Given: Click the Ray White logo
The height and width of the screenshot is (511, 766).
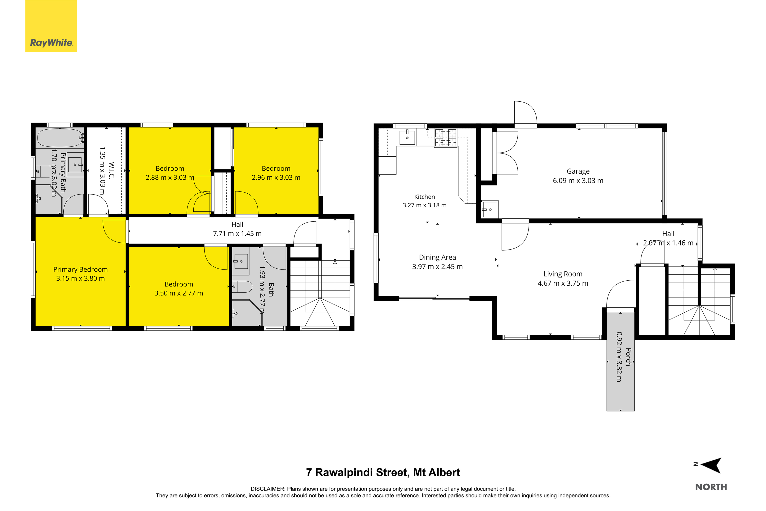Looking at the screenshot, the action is tap(51, 26).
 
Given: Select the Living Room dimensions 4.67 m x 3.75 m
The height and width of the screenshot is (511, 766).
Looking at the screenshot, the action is tap(563, 283).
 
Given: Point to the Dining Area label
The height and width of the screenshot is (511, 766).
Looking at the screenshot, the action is tap(437, 257).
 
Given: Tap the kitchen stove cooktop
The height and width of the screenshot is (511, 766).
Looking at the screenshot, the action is tap(446, 138).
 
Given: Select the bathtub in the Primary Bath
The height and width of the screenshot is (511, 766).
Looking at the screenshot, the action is tap(60, 138).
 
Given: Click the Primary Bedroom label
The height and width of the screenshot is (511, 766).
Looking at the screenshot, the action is tap(80, 269).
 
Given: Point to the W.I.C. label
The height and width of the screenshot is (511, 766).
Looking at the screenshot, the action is tap(112, 170).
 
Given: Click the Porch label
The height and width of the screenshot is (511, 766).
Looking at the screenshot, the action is tap(628, 357).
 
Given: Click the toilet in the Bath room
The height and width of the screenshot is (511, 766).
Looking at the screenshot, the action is tap(242, 287).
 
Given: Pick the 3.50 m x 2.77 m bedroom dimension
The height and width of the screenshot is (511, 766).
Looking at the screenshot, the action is tap(178, 293).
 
